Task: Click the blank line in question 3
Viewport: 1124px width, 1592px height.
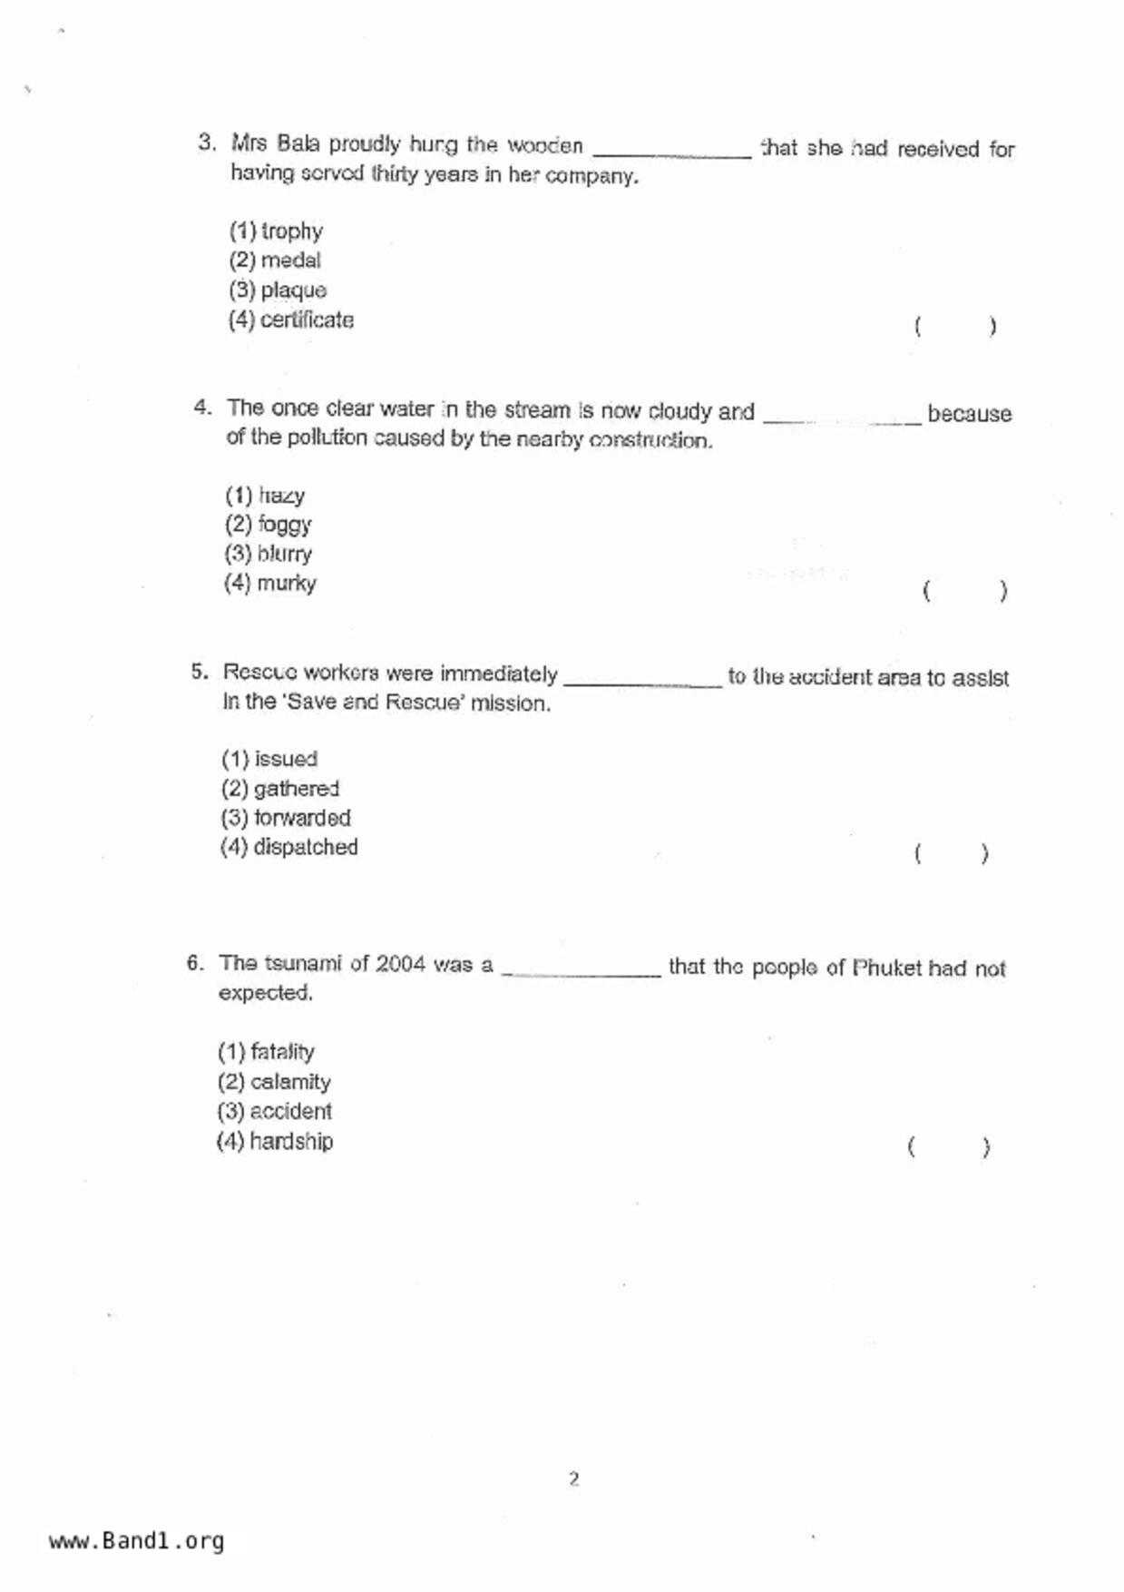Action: coord(671,154)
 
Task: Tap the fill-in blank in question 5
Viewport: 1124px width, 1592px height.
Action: coord(642,683)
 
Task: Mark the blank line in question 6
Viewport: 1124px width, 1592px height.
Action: coord(581,973)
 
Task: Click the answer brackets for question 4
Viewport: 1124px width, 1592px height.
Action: coord(964,592)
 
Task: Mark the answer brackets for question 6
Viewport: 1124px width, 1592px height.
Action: coord(948,1147)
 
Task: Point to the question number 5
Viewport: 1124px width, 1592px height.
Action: coord(199,672)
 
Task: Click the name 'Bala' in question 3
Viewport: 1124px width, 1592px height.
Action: coord(298,143)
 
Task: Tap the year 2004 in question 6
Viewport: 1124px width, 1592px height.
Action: coord(400,963)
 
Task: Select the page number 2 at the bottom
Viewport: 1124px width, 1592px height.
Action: coord(573,1479)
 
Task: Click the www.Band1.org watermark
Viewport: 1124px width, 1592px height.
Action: coord(136,1540)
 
